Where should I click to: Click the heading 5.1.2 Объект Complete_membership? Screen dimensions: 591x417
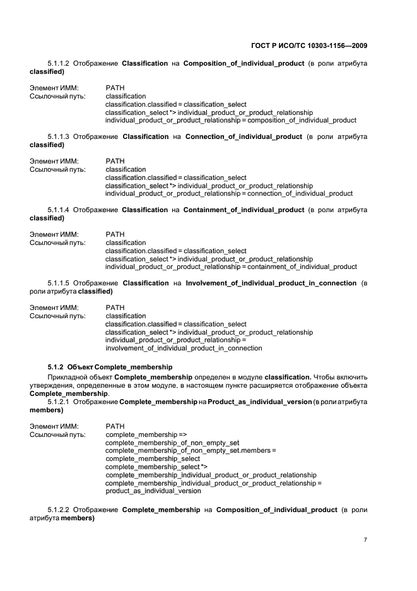pos(102,367)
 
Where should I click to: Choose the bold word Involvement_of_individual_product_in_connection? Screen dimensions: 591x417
pos(271,284)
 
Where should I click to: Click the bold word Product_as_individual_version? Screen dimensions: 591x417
pos(260,402)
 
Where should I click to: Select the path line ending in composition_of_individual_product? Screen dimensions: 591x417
pos(230,121)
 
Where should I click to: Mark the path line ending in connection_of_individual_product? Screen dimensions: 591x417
pos(229,194)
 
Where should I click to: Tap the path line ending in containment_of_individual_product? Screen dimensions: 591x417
pos(231,267)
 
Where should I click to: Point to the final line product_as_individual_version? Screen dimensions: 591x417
pos(153,491)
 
